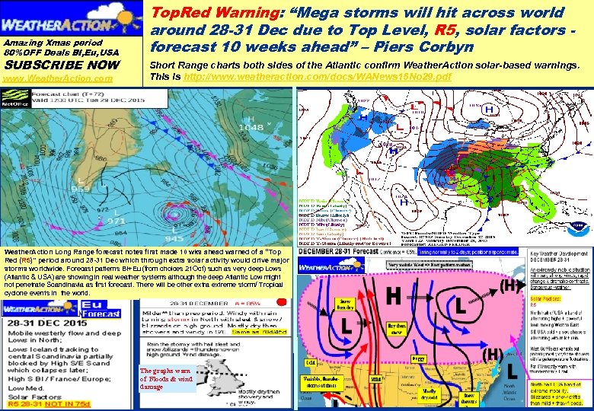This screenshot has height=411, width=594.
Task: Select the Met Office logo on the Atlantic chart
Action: [11, 97]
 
